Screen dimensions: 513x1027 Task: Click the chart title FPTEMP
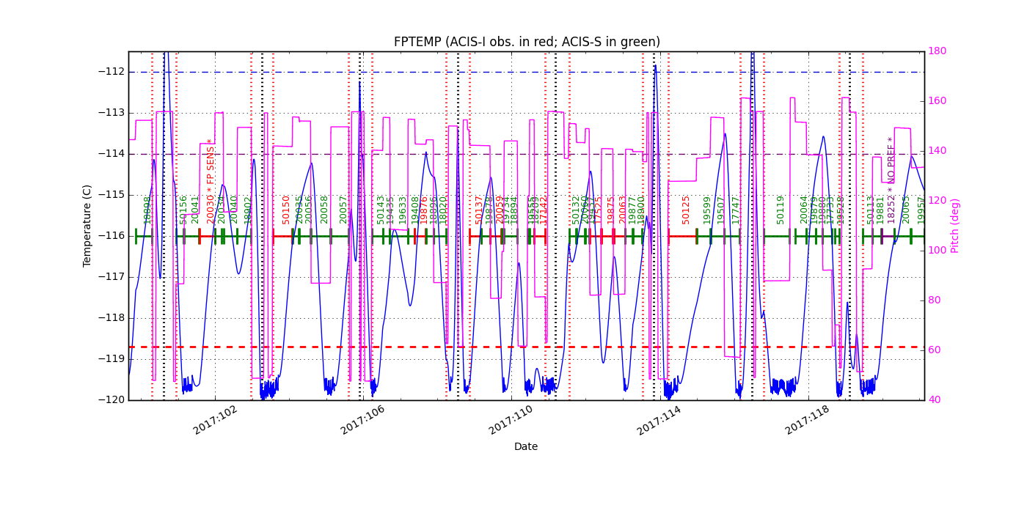click(x=526, y=42)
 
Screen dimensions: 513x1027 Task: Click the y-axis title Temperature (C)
click(x=88, y=225)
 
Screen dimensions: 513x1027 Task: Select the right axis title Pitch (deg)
click(x=955, y=225)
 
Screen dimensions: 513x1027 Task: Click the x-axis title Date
click(x=525, y=446)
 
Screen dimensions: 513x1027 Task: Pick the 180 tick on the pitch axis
click(x=937, y=51)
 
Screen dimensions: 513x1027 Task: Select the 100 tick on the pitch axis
click(x=937, y=251)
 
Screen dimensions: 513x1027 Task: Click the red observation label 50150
click(x=287, y=209)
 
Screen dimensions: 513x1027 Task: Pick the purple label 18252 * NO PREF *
click(x=891, y=180)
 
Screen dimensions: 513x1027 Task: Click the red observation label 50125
click(x=686, y=209)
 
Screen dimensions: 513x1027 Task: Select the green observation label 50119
click(x=781, y=209)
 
